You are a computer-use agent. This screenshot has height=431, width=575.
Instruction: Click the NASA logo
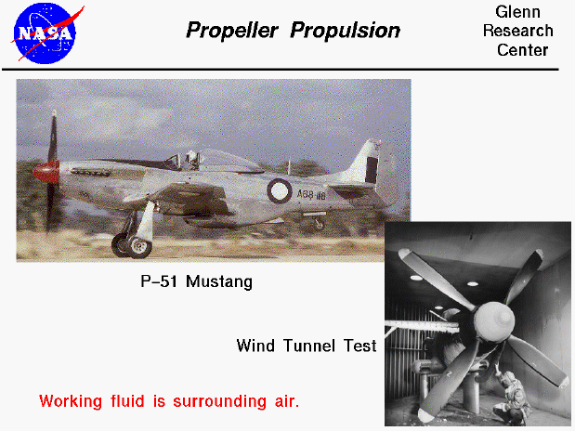(46, 33)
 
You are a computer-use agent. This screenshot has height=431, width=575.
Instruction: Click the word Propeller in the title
(233, 31)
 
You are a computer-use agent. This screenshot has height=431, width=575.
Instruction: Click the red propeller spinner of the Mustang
(44, 170)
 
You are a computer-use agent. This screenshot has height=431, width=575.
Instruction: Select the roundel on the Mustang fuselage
(279, 191)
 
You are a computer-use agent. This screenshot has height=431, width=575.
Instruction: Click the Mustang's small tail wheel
(319, 224)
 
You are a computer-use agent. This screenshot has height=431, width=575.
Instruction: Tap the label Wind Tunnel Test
(306, 346)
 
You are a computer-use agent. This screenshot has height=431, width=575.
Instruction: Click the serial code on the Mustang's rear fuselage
(313, 196)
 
